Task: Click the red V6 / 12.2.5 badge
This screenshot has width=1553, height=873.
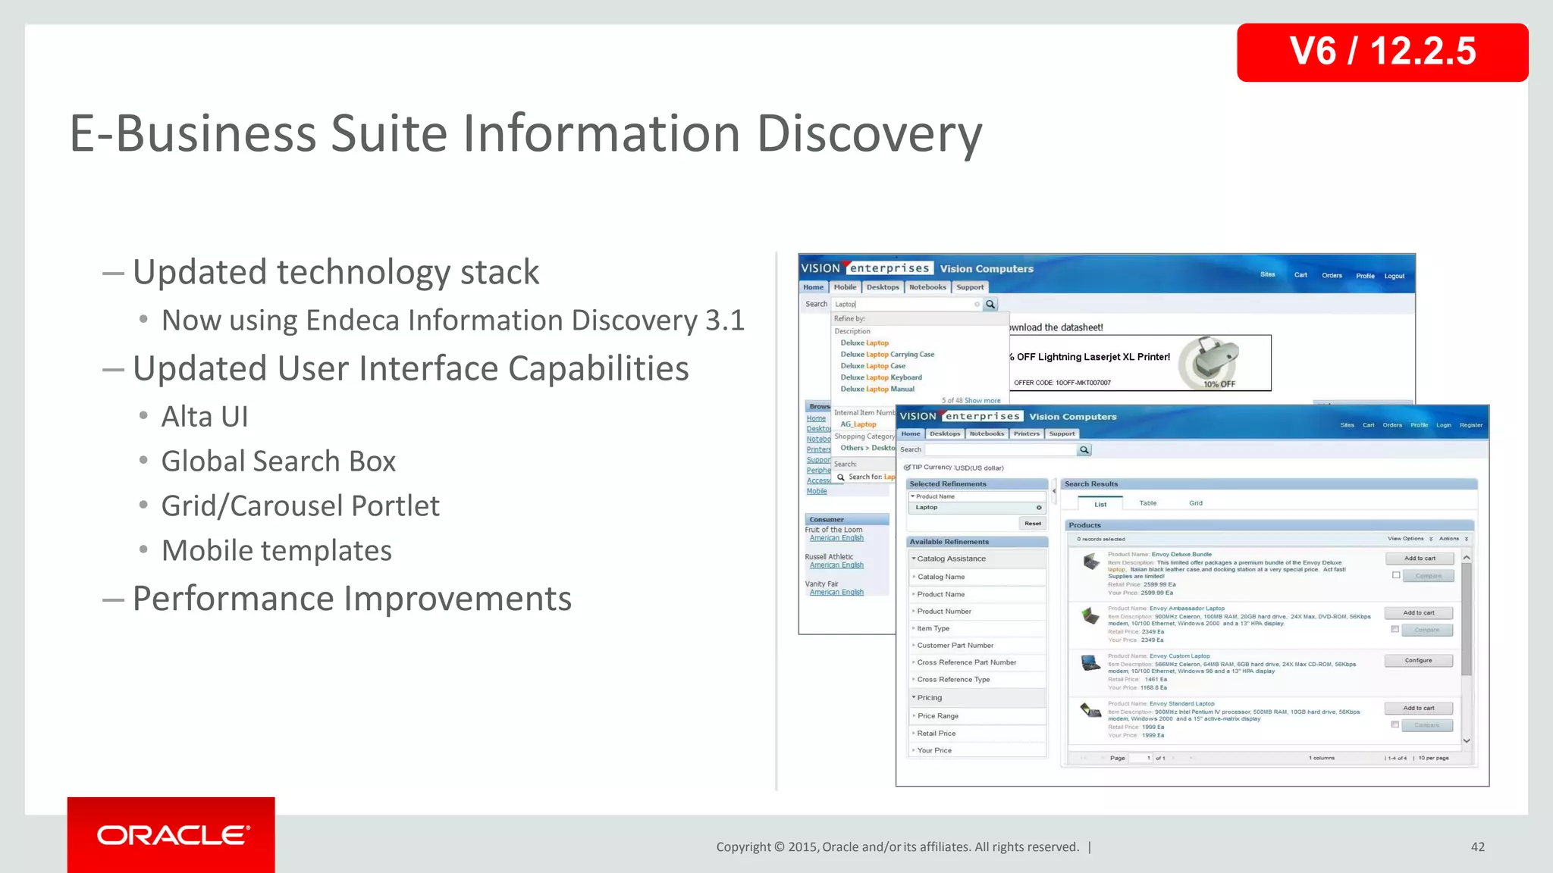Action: point(1382,52)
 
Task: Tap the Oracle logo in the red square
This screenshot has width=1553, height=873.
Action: point(172,835)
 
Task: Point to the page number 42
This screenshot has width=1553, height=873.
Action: point(1477,847)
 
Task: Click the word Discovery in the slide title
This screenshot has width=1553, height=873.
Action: point(869,134)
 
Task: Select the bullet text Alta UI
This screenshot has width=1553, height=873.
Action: point(205,417)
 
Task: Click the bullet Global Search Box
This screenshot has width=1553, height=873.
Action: point(278,462)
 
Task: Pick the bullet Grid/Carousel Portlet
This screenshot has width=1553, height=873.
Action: point(300,506)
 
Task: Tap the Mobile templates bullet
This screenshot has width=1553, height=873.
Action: point(277,551)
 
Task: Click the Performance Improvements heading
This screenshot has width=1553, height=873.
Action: point(352,599)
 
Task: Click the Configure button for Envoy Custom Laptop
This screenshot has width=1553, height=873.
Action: point(1418,661)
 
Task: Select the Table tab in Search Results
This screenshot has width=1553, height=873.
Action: point(1147,503)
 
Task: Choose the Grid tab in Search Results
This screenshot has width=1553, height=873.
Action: point(1195,503)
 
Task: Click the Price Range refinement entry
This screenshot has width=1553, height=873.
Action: point(938,716)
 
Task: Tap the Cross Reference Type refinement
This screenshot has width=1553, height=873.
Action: point(953,680)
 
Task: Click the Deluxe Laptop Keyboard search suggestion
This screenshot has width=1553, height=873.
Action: point(881,377)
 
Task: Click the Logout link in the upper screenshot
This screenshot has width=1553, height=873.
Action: point(1394,276)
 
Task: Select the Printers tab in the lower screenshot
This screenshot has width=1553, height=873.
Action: point(1026,434)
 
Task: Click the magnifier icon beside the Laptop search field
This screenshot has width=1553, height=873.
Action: point(990,305)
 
